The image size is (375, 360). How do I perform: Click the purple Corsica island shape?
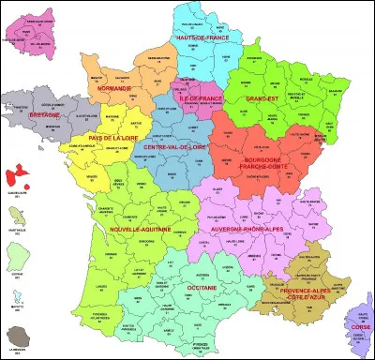click(x=356, y=323)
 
